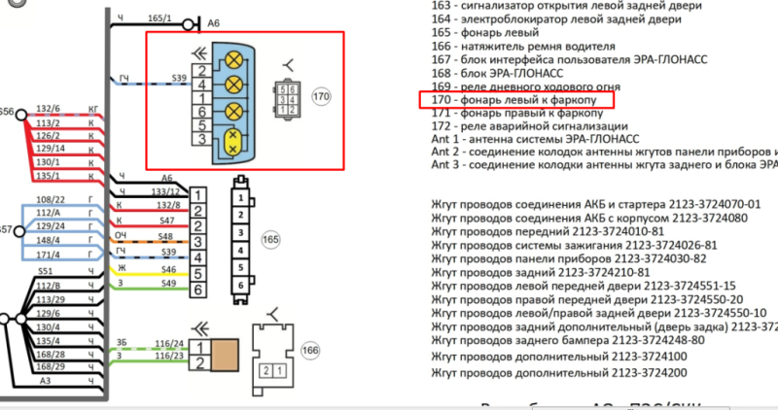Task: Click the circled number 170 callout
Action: [x=322, y=97]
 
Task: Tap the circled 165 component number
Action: [x=271, y=238]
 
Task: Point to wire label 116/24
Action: [x=166, y=344]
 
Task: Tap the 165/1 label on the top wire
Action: [x=159, y=18]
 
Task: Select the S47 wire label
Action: [x=167, y=222]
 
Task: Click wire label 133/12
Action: [x=166, y=192]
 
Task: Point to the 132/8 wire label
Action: [x=166, y=206]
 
